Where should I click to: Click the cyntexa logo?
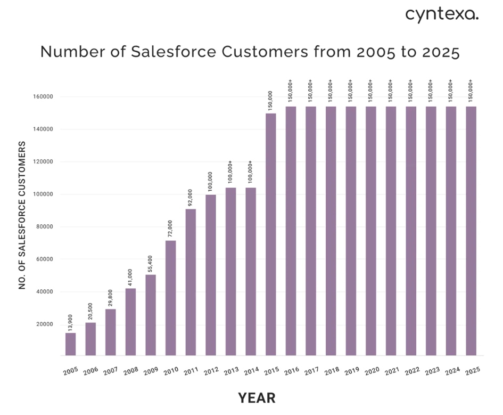[442, 15]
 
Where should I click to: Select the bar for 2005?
[70, 344]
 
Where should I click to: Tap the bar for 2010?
[170, 298]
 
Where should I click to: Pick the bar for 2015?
[270, 234]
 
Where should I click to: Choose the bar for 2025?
[471, 231]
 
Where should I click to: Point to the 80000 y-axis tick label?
[44, 227]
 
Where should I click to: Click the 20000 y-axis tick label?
[44, 324]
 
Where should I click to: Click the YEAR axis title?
[257, 398]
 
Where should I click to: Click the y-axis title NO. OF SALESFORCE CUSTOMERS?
[22, 215]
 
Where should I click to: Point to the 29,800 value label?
[111, 298]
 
